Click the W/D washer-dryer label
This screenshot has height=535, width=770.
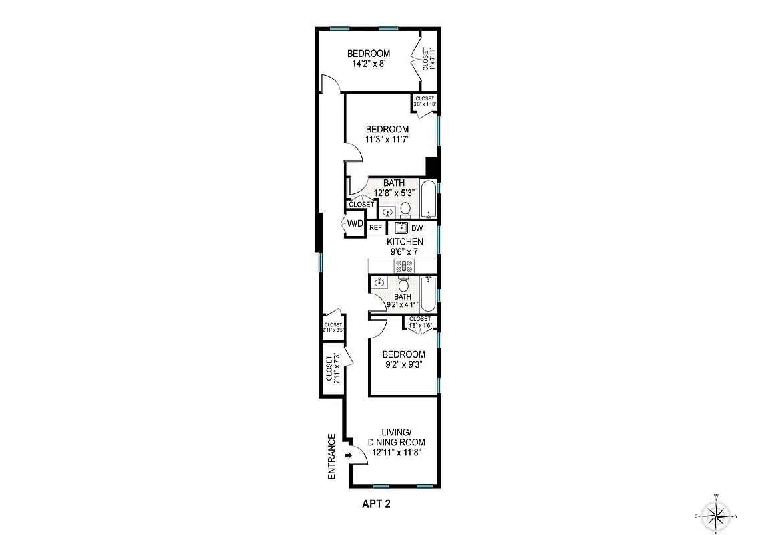[x=354, y=225]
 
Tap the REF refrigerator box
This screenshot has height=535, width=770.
[x=376, y=227]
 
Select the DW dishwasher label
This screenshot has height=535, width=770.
[x=417, y=227]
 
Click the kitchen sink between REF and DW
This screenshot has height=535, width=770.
[x=401, y=227]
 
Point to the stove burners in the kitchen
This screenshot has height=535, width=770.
[x=404, y=265]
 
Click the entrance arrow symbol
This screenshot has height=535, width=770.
[x=349, y=456]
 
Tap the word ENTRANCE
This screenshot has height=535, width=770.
[x=331, y=456]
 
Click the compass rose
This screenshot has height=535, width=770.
[x=716, y=515]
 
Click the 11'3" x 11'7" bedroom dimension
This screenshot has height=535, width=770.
[x=387, y=140]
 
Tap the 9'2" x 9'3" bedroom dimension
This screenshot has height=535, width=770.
[x=403, y=365]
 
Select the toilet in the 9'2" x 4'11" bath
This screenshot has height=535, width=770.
[x=403, y=285]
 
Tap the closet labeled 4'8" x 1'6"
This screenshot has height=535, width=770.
[x=420, y=322]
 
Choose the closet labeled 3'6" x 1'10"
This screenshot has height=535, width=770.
[x=425, y=101]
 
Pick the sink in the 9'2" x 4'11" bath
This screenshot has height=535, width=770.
[x=379, y=282]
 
